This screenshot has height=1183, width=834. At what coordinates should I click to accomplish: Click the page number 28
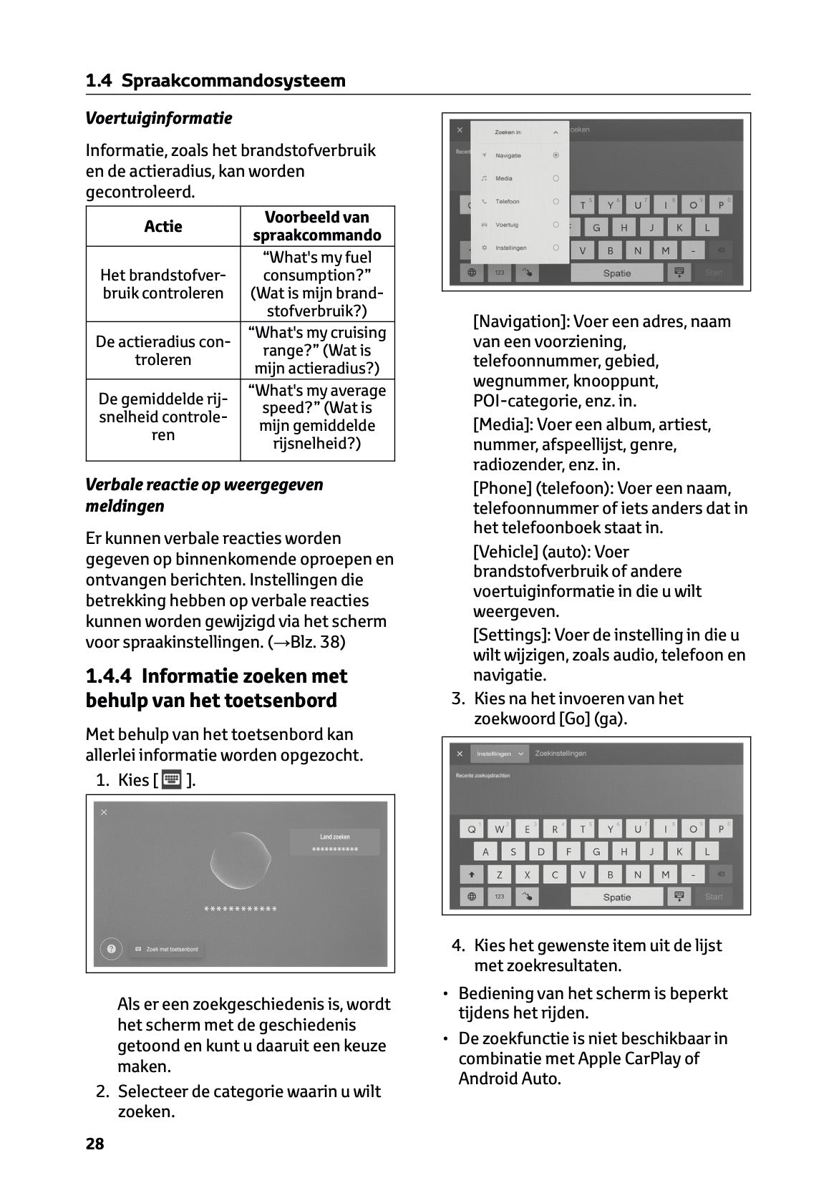94,1144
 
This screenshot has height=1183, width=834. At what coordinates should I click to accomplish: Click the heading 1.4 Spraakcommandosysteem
215,81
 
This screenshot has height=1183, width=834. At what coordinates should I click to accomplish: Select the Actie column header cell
163,227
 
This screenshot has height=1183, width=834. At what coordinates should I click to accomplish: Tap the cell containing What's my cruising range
317,350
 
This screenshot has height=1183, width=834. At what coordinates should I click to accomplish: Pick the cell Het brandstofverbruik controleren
163,284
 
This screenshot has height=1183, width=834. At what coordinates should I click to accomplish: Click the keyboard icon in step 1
172,779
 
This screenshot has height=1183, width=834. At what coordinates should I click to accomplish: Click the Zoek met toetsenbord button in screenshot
167,949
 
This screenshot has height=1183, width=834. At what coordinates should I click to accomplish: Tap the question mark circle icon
111,949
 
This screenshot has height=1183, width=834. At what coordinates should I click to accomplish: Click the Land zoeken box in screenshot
334,842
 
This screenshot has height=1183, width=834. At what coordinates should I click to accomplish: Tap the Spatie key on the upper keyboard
616,273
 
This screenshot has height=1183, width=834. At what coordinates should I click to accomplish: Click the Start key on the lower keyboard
713,897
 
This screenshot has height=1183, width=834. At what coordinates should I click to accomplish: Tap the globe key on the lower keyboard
471,897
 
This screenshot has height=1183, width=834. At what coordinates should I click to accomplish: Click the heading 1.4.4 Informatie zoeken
216,688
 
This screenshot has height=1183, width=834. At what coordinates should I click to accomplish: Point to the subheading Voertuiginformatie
159,118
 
